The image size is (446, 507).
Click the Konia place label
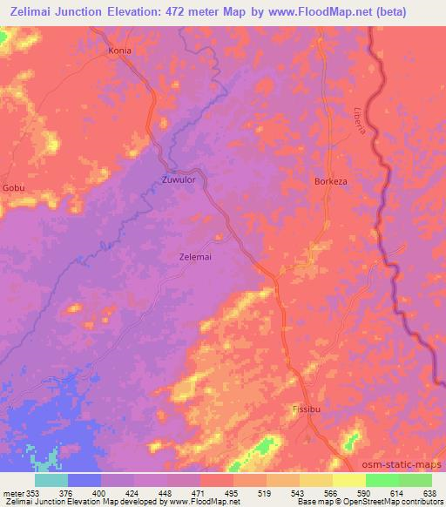(x=119, y=51)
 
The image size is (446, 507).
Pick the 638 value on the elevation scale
(x=430, y=493)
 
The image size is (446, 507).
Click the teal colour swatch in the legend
(x=51, y=480)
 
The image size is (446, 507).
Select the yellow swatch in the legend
(x=348, y=480)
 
